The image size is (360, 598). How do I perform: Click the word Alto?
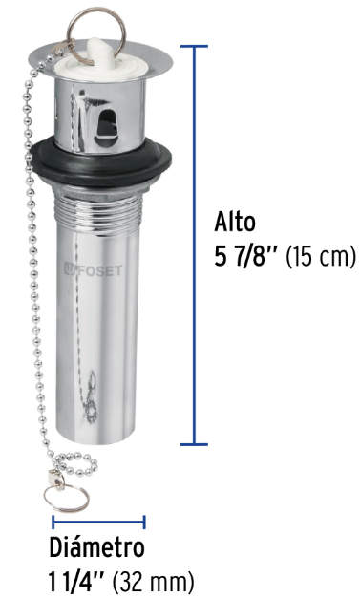point(235,222)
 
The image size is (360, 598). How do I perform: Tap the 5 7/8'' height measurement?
point(247,256)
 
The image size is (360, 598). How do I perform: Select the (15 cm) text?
point(321,257)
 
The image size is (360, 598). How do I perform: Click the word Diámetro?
point(96,547)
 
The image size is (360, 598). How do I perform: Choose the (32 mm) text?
point(153,583)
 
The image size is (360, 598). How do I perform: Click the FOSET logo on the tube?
point(93,270)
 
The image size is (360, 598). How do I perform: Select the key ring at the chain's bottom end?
point(66,498)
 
